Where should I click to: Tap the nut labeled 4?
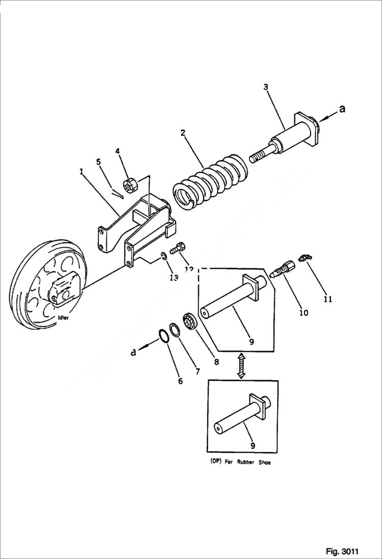(x=129, y=185)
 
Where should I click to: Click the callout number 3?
(x=266, y=87)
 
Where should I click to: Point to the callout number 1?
(x=82, y=172)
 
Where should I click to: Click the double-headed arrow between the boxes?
(x=242, y=367)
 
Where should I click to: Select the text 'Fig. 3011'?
(x=342, y=551)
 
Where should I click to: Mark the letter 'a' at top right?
(x=342, y=109)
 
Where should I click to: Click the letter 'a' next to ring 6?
(x=134, y=351)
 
